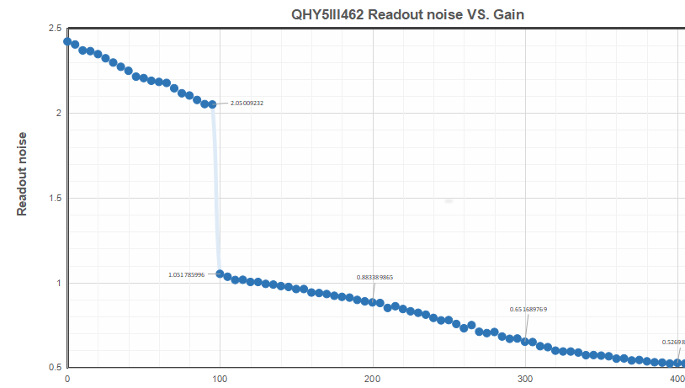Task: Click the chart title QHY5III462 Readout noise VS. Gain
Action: [x=408, y=14]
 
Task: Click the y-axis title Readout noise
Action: [x=23, y=173]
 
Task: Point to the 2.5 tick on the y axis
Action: [x=54, y=29]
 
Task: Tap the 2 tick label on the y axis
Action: [x=57, y=114]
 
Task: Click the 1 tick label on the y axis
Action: [x=57, y=284]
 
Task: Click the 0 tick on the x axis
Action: [x=67, y=380]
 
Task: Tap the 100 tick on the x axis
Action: [x=220, y=380]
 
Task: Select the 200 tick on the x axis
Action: [x=373, y=380]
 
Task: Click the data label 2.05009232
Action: [x=247, y=104]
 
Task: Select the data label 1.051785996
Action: [x=186, y=274]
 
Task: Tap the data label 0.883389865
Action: [x=374, y=277]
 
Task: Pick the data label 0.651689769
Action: [x=528, y=310]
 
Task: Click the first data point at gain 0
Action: [x=67, y=41]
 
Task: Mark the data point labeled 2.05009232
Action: [x=212, y=104]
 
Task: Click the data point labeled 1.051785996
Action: [x=220, y=274]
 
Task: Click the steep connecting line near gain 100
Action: [x=215, y=189]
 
